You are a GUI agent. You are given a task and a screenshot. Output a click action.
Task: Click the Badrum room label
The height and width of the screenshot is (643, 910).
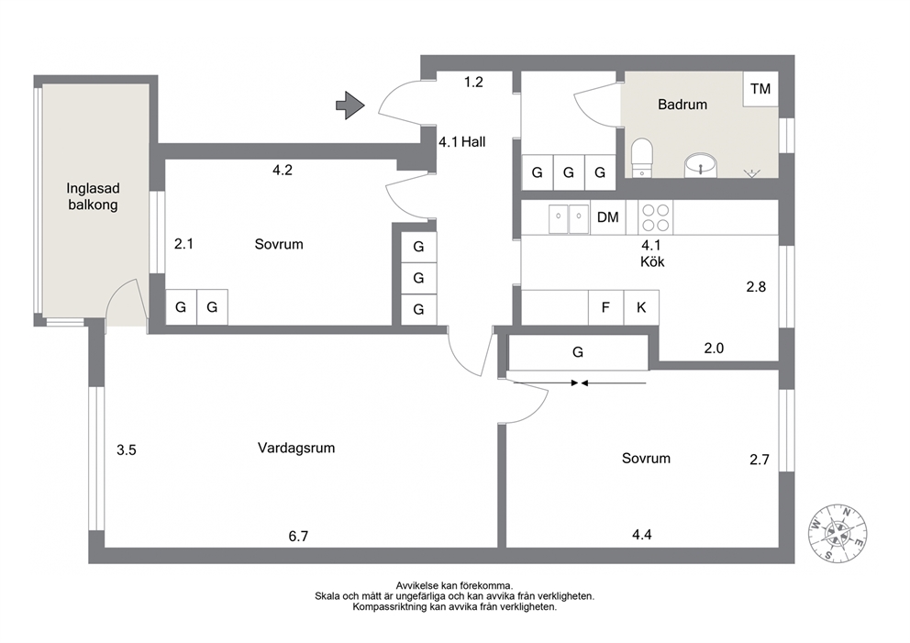point(682,105)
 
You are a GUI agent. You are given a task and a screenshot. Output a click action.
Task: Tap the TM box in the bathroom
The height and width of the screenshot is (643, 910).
point(760,89)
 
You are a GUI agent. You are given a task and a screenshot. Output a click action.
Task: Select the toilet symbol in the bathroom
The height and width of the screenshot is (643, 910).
point(642,157)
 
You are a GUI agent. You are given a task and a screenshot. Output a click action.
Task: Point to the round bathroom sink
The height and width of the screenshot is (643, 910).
point(701,166)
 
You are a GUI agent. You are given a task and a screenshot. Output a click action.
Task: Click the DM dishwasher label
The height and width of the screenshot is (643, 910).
point(607,217)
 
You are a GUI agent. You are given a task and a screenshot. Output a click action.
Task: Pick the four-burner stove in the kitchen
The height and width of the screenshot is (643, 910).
point(656,217)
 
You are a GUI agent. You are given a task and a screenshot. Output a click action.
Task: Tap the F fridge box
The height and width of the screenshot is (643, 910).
point(605,307)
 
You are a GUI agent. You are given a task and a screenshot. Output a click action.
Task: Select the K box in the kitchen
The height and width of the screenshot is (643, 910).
point(641,307)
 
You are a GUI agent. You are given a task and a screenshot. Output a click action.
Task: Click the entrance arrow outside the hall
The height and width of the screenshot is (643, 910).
point(350,105)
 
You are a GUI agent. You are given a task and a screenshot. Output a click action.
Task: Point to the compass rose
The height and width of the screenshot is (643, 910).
point(838,533)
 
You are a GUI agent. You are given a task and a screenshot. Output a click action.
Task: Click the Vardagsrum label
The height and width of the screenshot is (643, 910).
point(296,448)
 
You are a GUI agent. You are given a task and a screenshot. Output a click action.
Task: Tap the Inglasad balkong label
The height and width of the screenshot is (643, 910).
point(93,196)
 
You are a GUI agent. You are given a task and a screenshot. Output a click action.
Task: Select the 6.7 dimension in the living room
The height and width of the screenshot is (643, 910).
point(298,537)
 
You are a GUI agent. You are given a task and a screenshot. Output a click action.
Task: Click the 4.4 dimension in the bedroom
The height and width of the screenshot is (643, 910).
point(642,535)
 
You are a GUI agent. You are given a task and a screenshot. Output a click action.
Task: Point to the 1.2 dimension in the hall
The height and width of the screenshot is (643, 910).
point(473,83)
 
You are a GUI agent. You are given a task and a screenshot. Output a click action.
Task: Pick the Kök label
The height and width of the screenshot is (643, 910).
point(652,261)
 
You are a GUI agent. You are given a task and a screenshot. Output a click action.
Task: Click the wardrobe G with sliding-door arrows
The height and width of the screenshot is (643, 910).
point(578,352)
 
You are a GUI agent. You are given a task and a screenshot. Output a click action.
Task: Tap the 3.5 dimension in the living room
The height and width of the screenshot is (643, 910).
point(127,449)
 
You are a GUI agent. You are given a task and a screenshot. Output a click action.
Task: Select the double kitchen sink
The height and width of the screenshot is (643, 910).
point(569,217)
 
